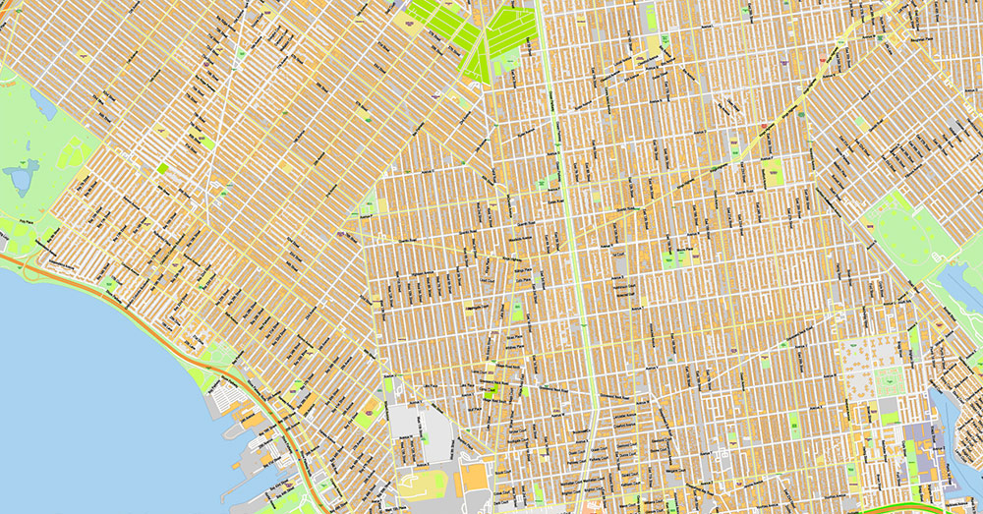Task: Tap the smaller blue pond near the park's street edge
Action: pos(43,100)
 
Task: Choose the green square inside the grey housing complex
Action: pos(891,379)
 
